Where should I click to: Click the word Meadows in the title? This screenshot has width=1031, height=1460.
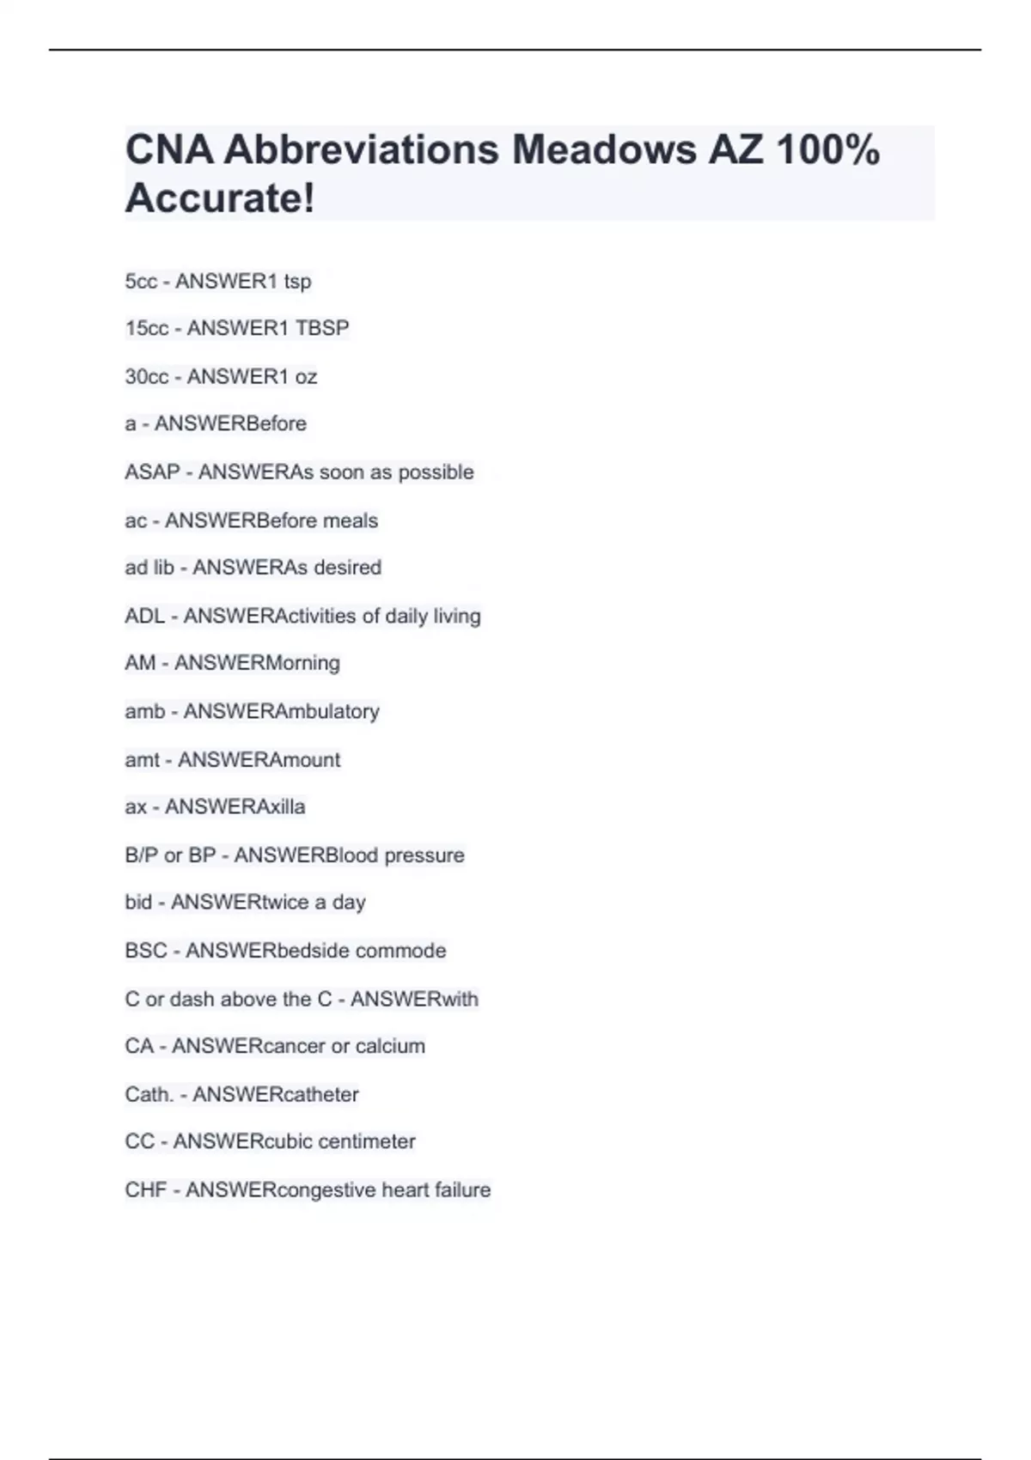pos(604,149)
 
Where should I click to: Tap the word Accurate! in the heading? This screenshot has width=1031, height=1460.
pos(220,198)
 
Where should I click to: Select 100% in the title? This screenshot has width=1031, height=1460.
pos(827,149)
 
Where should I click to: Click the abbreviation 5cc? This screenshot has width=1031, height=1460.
pos(141,282)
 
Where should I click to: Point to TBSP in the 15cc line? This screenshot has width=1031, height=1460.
pos(322,328)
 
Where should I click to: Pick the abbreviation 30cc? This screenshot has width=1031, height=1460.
pos(147,377)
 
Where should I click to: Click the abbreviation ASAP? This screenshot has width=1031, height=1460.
pos(152,472)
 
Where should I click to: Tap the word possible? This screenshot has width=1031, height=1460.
pos(436,472)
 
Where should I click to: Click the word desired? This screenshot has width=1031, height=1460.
pos(348,568)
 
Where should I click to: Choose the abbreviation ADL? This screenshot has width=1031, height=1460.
pos(144,616)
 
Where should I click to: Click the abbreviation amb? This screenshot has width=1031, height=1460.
pos(144,711)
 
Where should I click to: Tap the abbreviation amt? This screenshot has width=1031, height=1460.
pos(142,760)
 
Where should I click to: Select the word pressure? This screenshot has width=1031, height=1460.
pos(424,855)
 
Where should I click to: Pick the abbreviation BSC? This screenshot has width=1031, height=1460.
pos(146,951)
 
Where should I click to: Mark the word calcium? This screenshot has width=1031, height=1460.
pos(390,1046)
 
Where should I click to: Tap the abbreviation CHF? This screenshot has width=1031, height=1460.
pos(145,1190)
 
